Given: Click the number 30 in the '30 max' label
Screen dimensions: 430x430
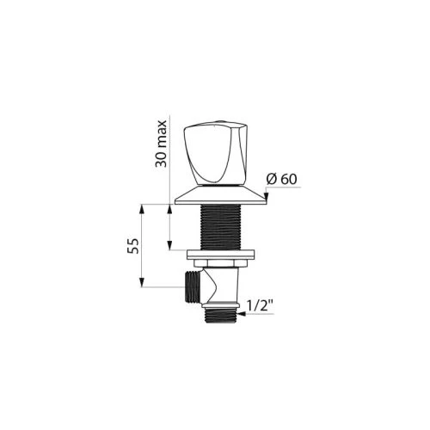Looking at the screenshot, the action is click(x=161, y=160).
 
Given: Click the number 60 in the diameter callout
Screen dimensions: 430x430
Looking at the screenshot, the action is click(x=289, y=179).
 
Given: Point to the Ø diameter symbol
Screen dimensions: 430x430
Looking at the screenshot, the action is click(x=272, y=179).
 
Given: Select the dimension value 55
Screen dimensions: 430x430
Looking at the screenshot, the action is click(x=133, y=246).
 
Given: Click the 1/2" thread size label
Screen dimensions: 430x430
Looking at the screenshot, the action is click(x=256, y=307).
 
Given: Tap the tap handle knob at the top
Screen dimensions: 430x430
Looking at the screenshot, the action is click(x=215, y=153).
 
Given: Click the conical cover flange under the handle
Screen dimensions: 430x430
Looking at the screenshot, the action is click(x=221, y=195).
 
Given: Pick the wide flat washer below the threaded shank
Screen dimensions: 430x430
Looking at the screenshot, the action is click(x=221, y=255).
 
